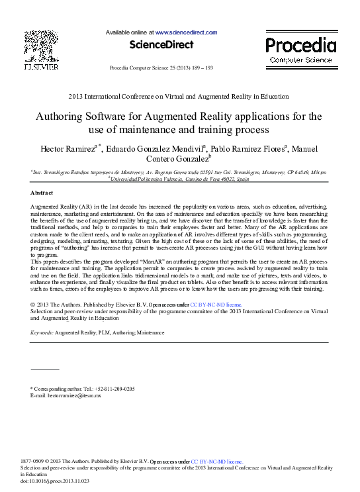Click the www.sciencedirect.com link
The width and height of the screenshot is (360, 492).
186,32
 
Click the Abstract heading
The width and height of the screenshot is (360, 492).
42,193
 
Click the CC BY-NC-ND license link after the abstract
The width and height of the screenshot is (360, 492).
215,305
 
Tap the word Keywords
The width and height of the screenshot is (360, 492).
42,332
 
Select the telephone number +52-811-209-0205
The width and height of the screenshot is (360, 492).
114,388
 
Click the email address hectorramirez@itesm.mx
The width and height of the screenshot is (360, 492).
75,395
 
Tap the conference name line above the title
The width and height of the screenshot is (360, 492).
179,97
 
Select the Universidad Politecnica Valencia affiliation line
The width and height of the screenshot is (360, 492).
179,179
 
